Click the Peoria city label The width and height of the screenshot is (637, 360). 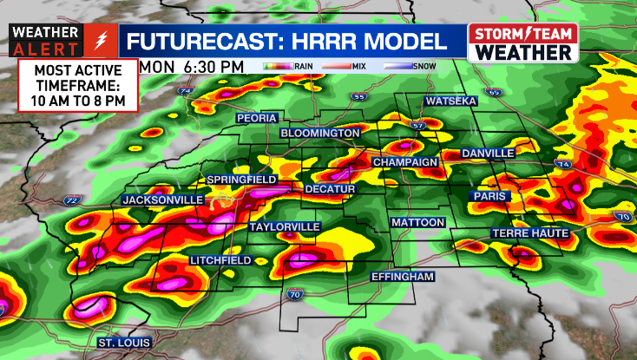point(258,118)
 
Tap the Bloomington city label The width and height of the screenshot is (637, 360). point(320,133)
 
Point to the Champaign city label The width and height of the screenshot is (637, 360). point(404,162)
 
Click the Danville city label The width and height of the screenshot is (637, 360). point(488,154)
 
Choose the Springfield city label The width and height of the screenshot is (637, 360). point(241,180)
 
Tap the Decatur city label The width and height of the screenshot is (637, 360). point(331,188)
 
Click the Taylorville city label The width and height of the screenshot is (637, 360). point(285,227)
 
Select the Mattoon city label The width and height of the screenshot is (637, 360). point(417,223)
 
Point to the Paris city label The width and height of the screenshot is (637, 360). point(489,197)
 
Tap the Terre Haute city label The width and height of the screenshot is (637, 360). point(529,233)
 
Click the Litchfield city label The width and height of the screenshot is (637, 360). point(220,260)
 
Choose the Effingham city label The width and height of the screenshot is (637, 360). point(402,276)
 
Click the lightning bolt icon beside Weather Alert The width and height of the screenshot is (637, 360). point(101,41)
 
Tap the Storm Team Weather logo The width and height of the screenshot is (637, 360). point(523,42)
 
